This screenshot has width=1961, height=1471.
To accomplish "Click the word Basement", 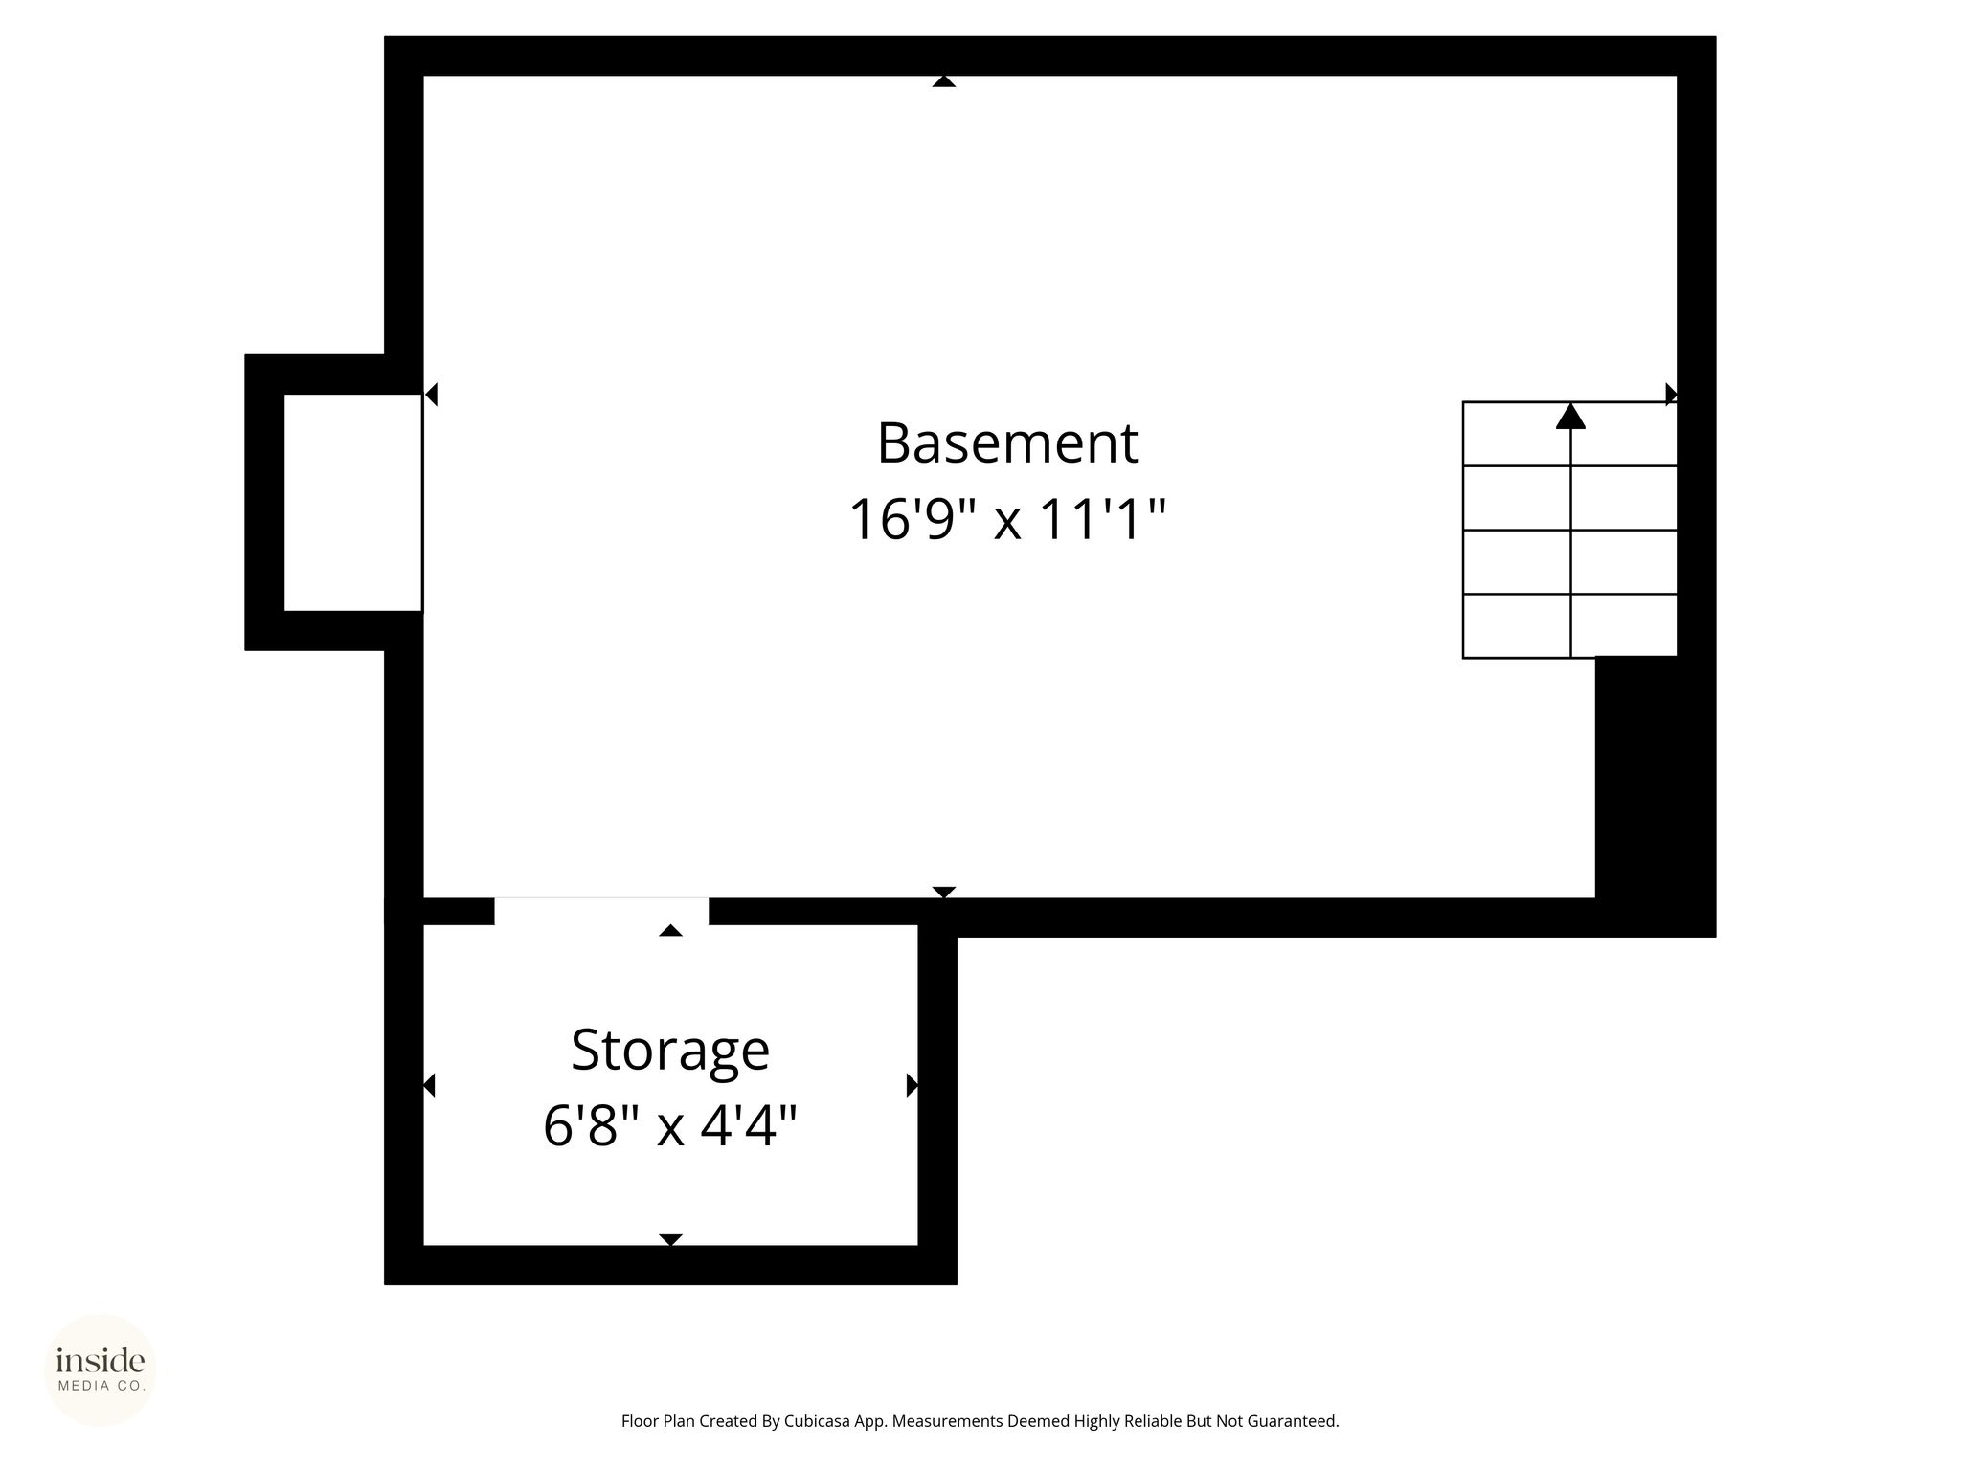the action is pos(1007,443).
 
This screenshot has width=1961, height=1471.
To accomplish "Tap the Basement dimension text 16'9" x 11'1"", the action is pos(1007,520).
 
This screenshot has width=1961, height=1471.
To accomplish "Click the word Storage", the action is pos(670,1052).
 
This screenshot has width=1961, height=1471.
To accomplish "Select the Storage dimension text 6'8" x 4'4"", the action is pos(670,1126).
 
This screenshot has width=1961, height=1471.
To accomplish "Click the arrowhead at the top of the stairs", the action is pos(1570,416).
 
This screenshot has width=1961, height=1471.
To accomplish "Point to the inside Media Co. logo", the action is pos(101,1370).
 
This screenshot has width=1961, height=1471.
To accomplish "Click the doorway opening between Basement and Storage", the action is pos(601,912).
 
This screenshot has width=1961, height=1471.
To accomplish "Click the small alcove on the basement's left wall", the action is pos(353,503).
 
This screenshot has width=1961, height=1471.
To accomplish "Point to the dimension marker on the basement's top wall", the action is pos(944,81).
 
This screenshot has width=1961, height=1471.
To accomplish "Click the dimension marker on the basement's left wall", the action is pos(431,394).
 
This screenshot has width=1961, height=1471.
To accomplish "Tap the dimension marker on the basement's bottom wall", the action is pos(944,893).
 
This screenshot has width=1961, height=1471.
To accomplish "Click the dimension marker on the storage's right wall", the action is pos(913,1085).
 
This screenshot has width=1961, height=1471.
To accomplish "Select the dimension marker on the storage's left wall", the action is pos(429,1085).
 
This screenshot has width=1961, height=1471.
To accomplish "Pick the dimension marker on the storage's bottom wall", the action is pos(670,1240).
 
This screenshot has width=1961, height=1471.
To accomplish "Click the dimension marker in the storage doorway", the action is pos(670,930).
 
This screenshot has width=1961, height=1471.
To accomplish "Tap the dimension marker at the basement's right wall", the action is pos(1672,394).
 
